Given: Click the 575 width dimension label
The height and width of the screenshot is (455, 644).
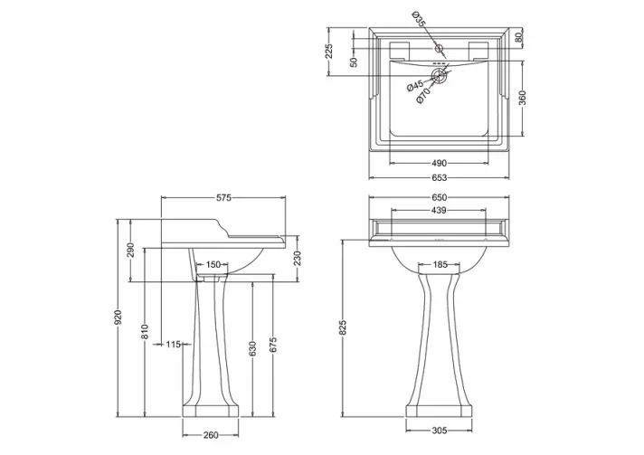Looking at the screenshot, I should [224, 197].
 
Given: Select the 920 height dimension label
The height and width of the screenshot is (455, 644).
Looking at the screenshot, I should [118, 318].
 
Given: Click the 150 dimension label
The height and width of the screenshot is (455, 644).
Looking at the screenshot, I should [213, 264].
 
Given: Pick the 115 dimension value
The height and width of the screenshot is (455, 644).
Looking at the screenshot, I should [175, 345].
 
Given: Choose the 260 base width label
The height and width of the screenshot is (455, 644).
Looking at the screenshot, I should [210, 435].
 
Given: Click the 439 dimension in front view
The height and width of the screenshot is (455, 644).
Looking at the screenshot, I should [438, 211].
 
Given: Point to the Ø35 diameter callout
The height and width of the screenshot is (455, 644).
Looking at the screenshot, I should [419, 18].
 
